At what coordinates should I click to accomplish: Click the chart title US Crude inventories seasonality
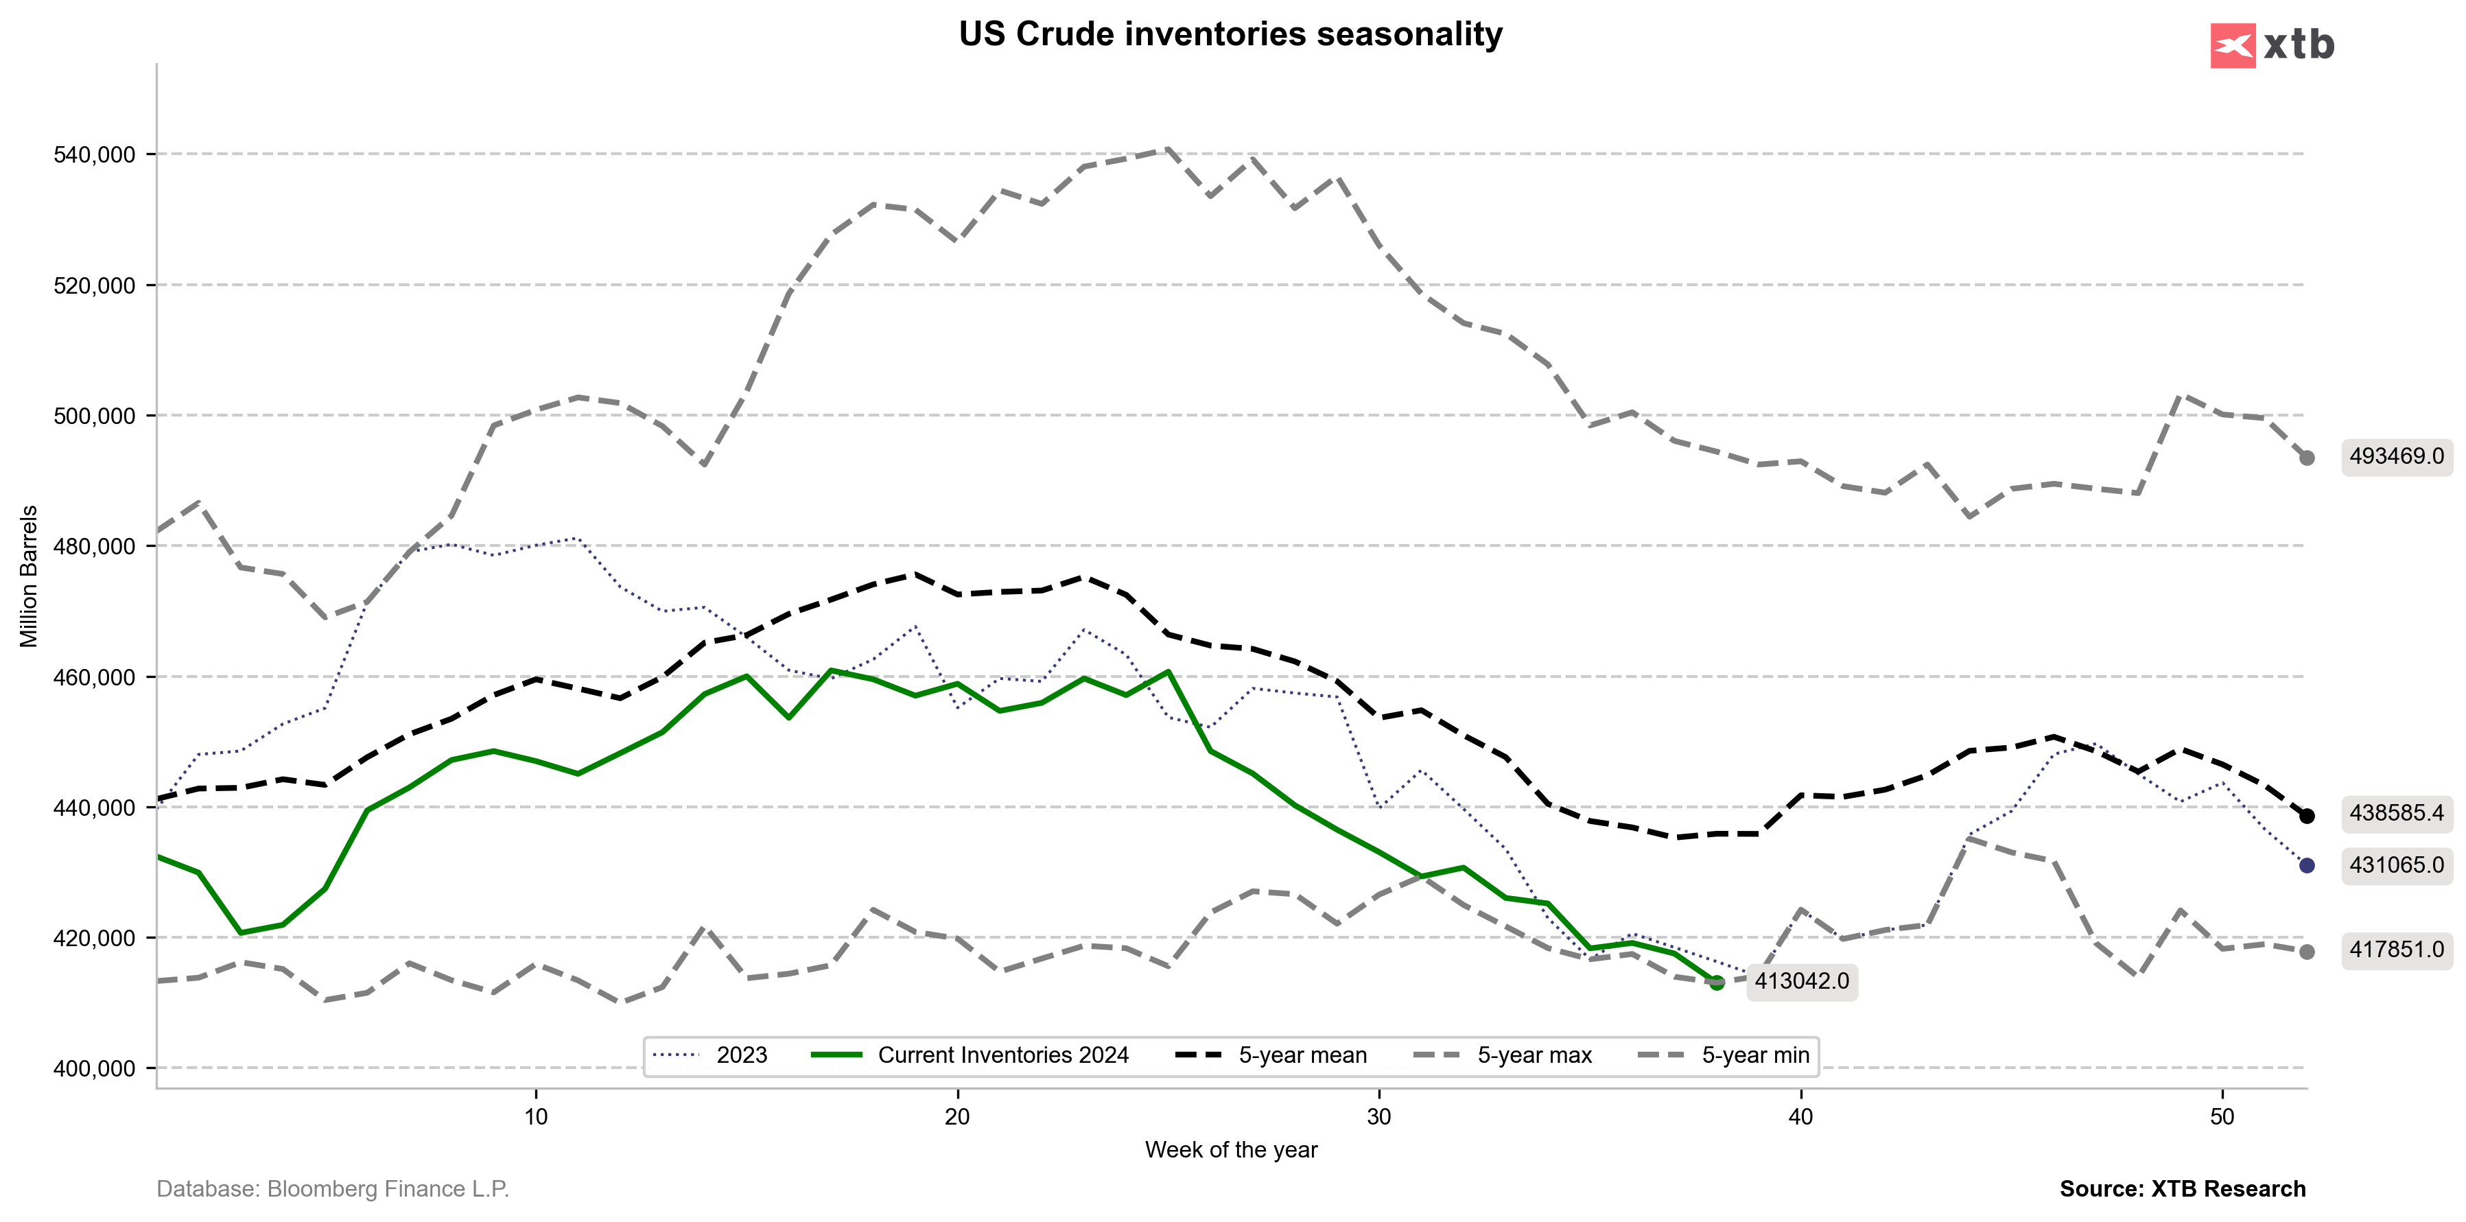1230,34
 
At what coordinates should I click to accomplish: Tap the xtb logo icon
2233,46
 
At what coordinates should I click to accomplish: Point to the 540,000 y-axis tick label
94,155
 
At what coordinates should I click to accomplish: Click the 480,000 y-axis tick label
94,546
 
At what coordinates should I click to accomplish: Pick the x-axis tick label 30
1378,1117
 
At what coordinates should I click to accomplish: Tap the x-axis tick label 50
2222,1117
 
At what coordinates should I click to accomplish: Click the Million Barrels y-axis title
30,576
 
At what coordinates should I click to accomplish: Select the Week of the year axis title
1231,1150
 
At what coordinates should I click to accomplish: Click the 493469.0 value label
2396,456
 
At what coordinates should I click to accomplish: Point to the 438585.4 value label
2396,813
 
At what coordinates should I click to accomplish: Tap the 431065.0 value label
2396,865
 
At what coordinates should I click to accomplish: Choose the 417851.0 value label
2396,950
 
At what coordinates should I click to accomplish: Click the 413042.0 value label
1802,982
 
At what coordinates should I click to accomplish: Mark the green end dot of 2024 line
1717,983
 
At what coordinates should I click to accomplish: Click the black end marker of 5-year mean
2307,816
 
